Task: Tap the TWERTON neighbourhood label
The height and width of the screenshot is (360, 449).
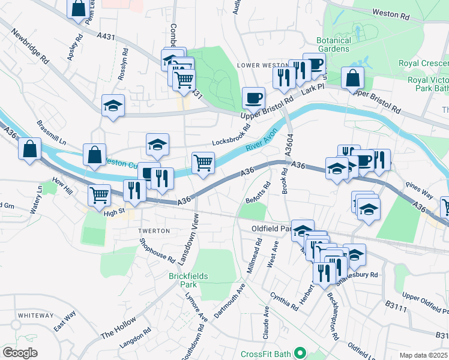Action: tap(154, 230)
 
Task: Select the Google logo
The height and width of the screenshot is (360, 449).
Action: tap(20, 352)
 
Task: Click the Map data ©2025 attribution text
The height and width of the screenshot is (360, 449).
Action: tap(423, 355)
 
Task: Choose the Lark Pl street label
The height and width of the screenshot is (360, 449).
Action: tap(313, 89)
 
